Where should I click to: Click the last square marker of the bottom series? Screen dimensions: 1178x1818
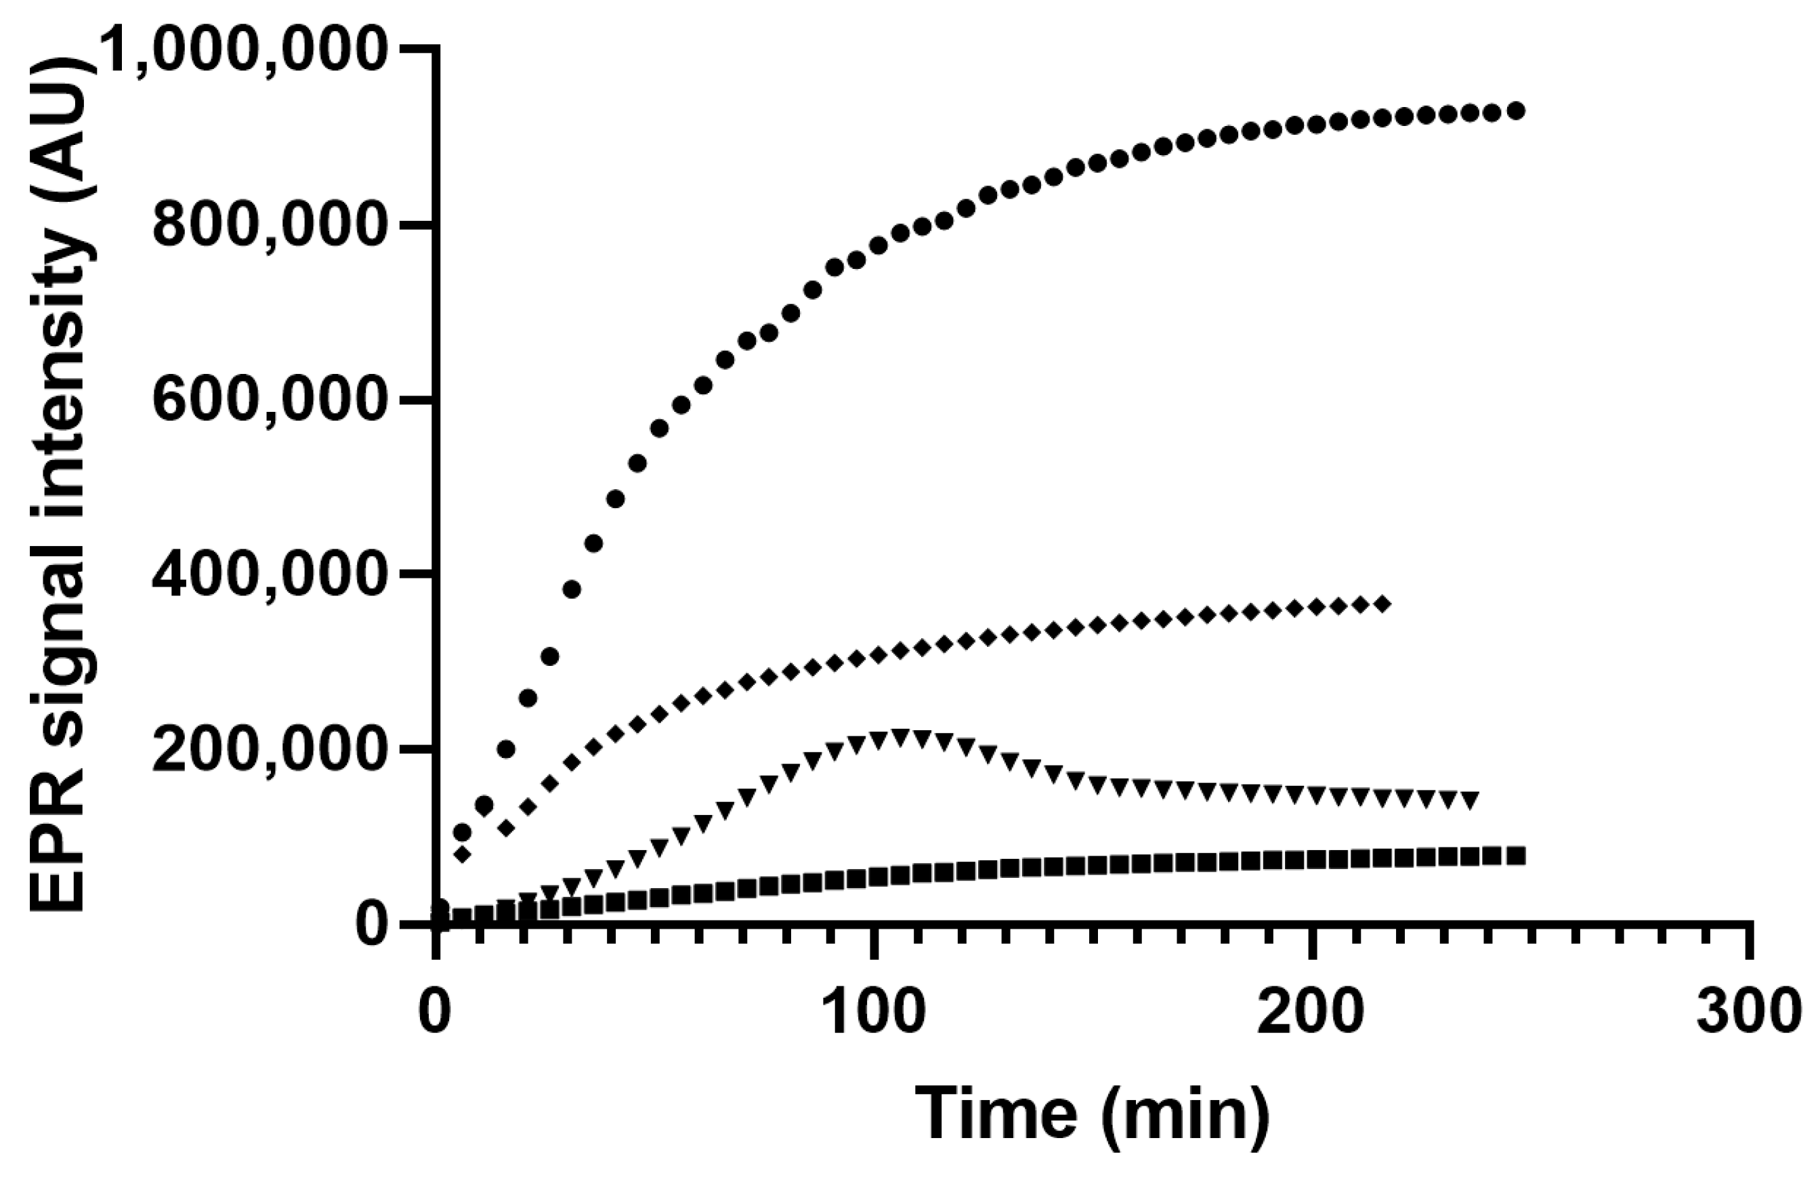point(1517,856)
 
